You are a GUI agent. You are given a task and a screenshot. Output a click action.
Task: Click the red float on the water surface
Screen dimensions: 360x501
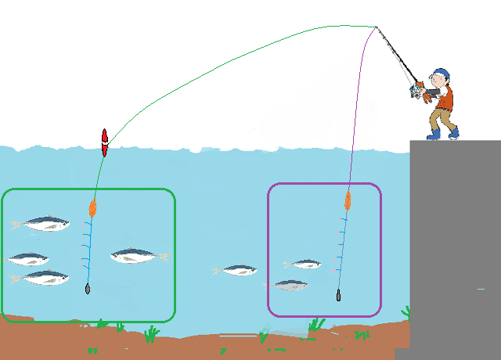pos(104,142)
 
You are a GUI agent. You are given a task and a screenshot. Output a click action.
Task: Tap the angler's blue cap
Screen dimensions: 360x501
pos(441,74)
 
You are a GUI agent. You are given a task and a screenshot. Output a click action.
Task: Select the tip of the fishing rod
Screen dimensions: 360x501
pos(377,27)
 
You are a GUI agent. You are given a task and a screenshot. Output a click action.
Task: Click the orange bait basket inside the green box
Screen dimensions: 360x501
pos(92,207)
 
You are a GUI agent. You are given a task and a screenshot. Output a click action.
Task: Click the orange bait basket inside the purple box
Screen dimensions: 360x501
pos(348,200)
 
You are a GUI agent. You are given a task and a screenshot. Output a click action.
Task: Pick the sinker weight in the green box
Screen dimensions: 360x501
pos(88,289)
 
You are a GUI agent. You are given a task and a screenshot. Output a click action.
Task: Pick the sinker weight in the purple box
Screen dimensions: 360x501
pos(338,295)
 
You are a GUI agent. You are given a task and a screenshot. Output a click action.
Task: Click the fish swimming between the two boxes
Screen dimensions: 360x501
pos(236,270)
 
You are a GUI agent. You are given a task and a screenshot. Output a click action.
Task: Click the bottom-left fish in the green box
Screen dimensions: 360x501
pos(41,277)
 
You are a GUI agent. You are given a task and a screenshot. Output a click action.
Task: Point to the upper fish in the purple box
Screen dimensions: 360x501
pos(304,264)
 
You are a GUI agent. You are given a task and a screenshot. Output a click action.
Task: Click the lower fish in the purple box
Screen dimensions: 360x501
pos(290,285)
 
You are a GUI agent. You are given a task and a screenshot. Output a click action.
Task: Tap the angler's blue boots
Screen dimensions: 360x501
pos(445,133)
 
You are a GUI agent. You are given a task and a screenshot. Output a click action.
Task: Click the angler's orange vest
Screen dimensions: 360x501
pos(446,98)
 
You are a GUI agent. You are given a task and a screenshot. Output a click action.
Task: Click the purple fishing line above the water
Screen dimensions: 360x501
pos(359,94)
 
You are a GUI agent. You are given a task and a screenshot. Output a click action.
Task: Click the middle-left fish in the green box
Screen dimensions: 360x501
pos(29,258)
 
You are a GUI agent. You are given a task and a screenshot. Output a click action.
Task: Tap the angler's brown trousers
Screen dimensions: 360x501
pos(441,117)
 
